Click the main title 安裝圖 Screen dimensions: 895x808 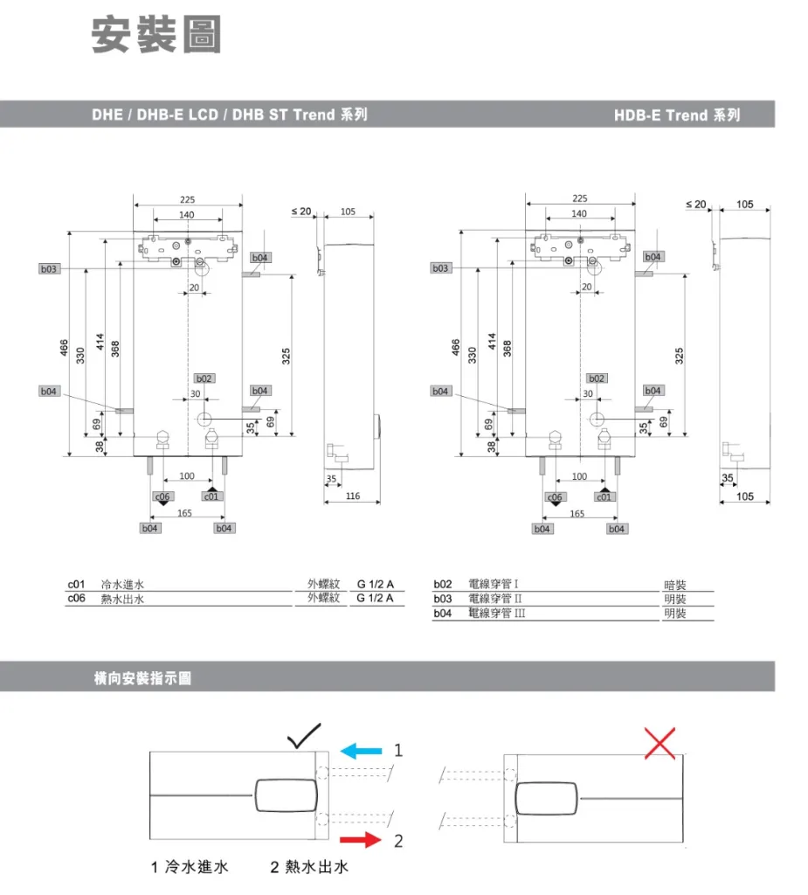[157, 37]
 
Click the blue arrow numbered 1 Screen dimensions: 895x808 [361, 750]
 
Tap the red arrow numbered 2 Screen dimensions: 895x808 [361, 841]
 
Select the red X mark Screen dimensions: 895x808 [660, 744]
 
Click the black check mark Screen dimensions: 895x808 [304, 737]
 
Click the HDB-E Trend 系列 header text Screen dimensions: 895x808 [676, 114]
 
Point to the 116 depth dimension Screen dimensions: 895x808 [352, 496]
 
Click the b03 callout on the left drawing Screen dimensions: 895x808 [48, 269]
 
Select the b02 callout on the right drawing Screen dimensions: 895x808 [597, 378]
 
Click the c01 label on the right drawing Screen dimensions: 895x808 [604, 496]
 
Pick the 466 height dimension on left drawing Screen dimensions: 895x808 [64, 348]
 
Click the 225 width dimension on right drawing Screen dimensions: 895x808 [580, 199]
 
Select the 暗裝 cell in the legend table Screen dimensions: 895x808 [675, 586]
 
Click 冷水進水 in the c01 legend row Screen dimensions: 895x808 [121, 584]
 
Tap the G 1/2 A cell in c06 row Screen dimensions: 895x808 [376, 599]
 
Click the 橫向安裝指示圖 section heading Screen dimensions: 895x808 [142, 679]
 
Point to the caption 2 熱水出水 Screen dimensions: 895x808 [309, 868]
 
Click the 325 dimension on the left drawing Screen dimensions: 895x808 [287, 355]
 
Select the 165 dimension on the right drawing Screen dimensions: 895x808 [577, 514]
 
